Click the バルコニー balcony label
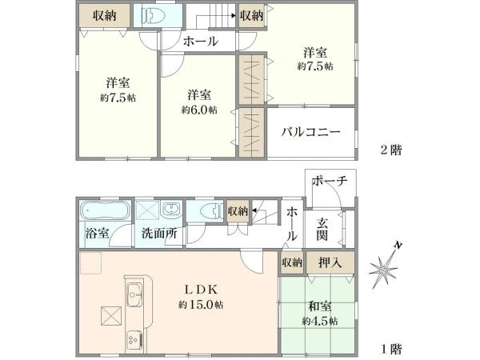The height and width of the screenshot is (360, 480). coord(310,133)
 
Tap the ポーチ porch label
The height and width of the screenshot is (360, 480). coord(330,182)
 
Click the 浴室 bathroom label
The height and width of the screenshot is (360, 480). coord(98,235)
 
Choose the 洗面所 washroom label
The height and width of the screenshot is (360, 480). coord(159,235)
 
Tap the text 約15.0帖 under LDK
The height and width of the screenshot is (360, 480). coord(202,305)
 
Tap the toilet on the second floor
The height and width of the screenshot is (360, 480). coord(150,16)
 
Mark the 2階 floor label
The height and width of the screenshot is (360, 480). coord(390,150)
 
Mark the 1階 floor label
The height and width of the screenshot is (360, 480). coord(390,349)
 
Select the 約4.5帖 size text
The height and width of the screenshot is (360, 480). coord(320,320)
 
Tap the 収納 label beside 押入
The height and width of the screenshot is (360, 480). coord(291,262)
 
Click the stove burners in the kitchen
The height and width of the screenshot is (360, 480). coord(132,339)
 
